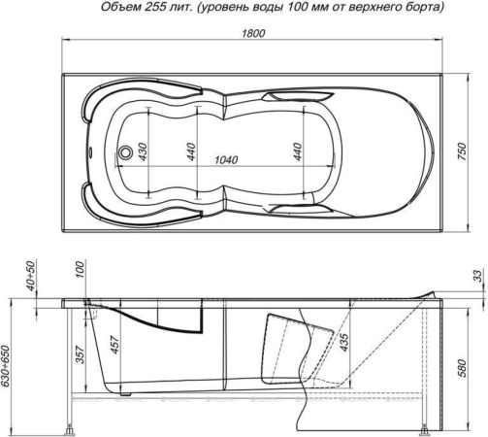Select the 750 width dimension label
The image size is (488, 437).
pyautogui.click(x=475, y=152)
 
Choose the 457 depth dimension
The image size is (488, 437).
pyautogui.click(x=114, y=347)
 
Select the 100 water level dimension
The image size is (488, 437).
pyautogui.click(x=80, y=268)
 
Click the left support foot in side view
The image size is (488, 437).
pyautogui.click(x=69, y=427)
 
